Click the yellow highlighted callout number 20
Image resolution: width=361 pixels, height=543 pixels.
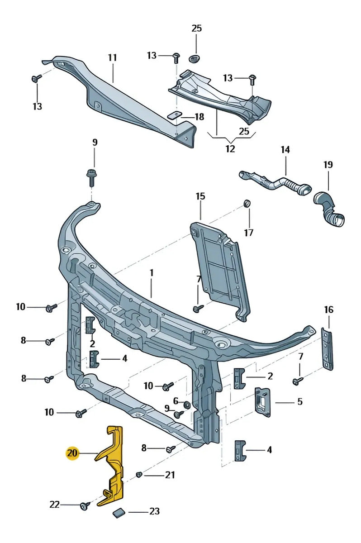click(72, 453)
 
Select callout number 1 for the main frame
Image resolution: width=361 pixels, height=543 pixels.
click(152, 273)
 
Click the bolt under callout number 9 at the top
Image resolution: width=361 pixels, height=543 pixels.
click(91, 178)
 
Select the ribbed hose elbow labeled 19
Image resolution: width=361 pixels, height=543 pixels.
click(329, 209)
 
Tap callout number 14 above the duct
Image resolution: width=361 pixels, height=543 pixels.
click(285, 150)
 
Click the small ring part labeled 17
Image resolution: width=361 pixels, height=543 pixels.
click(247, 204)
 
